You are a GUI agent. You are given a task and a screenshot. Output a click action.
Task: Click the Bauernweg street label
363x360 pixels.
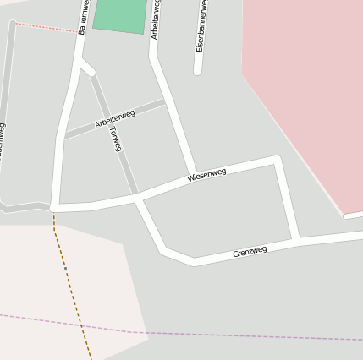[x=83, y=17]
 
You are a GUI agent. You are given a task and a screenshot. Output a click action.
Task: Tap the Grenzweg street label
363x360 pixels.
[x=250, y=252]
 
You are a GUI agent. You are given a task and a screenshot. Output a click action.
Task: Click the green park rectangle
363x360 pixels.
[x=120, y=16]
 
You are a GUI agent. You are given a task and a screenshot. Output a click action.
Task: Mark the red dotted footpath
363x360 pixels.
[x=46, y=27]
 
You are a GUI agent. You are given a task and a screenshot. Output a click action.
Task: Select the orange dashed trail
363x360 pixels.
[x=72, y=287]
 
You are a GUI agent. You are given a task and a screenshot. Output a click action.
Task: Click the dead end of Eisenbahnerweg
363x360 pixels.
[x=197, y=71]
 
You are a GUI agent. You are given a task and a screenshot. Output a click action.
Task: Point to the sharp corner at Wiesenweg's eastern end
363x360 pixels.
[x=276, y=159]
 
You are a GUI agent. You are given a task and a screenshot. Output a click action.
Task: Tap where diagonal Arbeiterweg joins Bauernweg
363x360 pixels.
[x=63, y=135]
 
